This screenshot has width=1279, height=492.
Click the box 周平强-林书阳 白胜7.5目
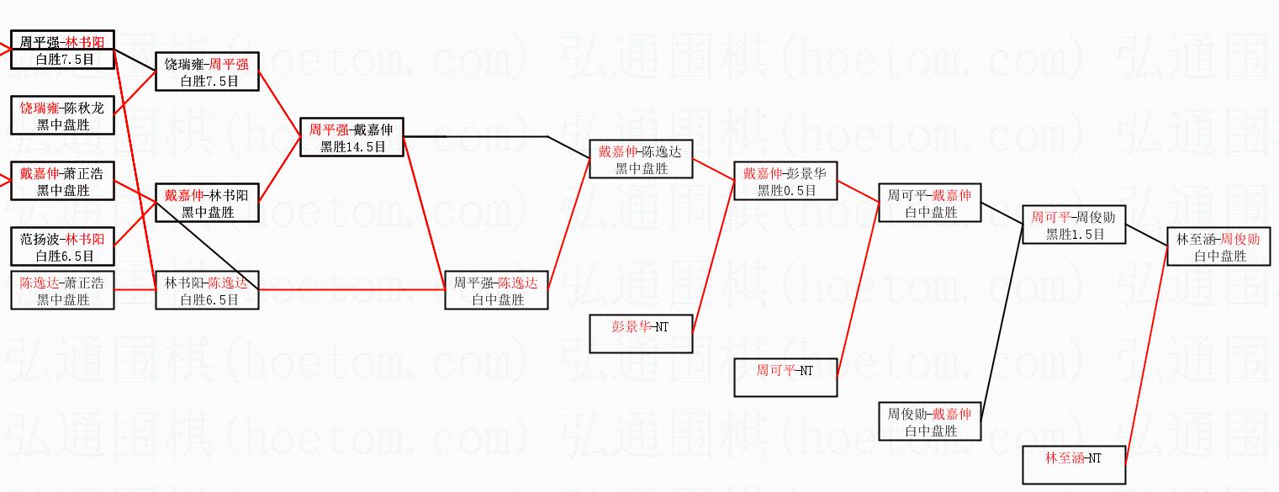[62, 50]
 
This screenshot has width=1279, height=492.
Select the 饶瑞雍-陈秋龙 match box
[62, 116]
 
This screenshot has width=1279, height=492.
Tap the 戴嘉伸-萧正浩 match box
[62, 181]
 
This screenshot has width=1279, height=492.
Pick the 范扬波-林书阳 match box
[62, 246]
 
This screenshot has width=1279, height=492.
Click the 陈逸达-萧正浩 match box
[62, 290]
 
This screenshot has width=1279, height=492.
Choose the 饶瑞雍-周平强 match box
[207, 72]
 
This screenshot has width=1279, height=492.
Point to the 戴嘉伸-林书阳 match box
[207, 203]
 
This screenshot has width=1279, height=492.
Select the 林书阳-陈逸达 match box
[207, 290]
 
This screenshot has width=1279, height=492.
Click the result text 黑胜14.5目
[352, 146]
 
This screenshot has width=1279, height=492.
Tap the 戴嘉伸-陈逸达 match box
[641, 159]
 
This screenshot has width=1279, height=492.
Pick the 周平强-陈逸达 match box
[496, 290]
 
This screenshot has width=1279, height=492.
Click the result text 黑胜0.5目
[786, 190]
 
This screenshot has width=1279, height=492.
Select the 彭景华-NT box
[641, 333]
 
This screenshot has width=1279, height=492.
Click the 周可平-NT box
[786, 377]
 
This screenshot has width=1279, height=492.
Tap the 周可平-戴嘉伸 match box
[930, 203]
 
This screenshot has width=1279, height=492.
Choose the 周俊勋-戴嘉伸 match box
[930, 421]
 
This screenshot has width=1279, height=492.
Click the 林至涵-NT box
[1074, 464]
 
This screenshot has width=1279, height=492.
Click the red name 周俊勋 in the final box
[1239, 240]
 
